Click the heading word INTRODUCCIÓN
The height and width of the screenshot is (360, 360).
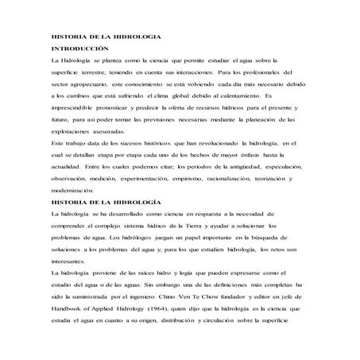78,48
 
